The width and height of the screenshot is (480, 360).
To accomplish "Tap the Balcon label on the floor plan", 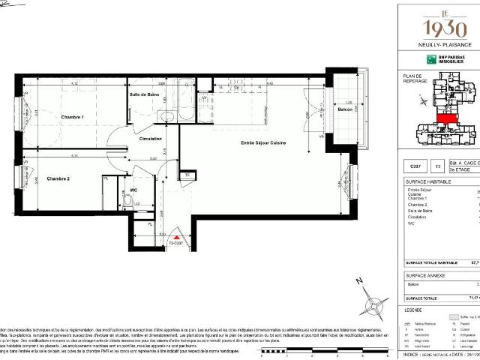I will (x=345, y=110).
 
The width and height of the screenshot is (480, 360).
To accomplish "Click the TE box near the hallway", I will (x=187, y=176).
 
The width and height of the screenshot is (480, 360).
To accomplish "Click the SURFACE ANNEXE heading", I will (x=424, y=275).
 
